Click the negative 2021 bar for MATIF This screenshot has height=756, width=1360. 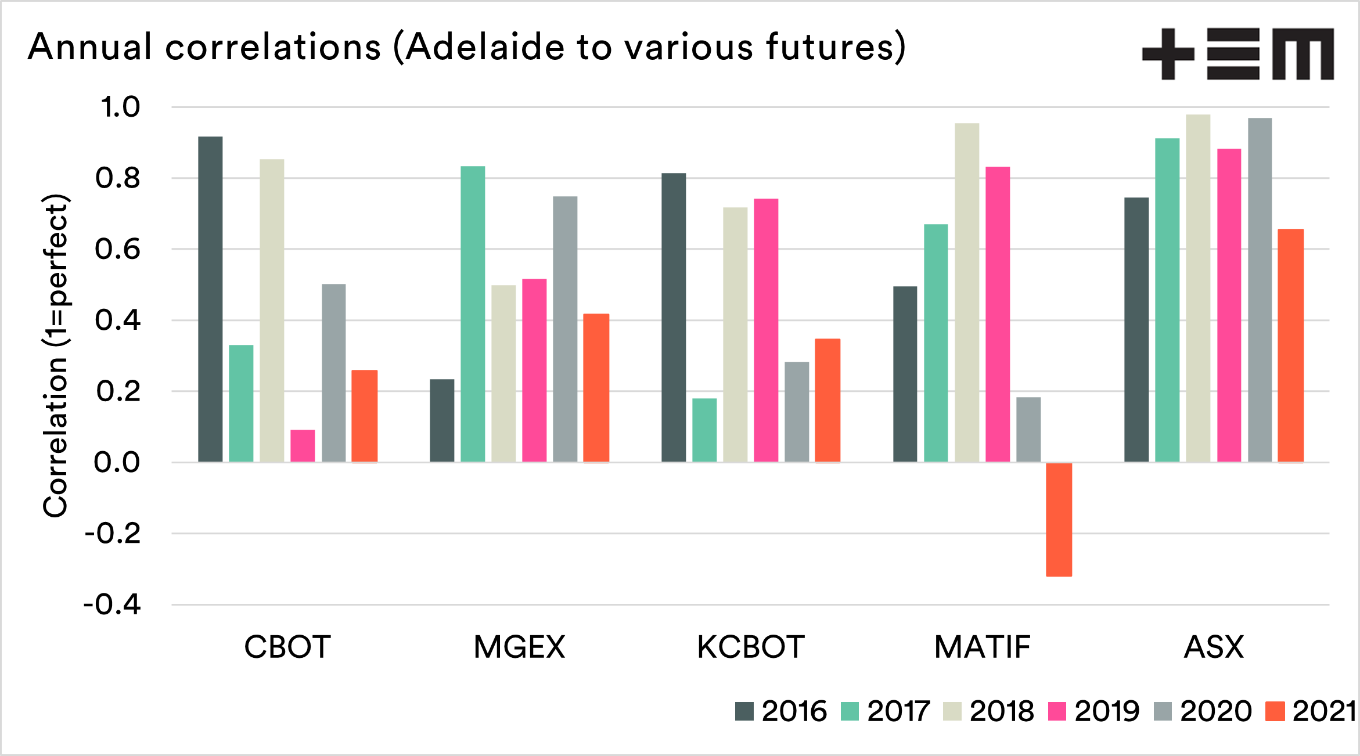coord(1059,519)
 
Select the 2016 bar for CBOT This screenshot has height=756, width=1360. coord(210,299)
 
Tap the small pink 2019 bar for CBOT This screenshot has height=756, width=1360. coord(303,446)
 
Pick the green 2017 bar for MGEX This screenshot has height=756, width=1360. coord(473,314)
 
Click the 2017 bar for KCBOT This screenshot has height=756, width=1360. coord(704,430)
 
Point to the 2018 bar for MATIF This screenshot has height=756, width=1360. coord(967,293)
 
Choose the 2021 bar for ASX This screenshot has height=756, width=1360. coord(1291,345)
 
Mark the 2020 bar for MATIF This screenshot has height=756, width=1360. coord(1028,430)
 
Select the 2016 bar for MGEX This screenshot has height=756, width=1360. coord(442,420)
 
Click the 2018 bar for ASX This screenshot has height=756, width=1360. coord(1198,288)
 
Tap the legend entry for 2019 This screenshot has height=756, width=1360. coord(1094,711)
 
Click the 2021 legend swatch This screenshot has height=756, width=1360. coord(1275,711)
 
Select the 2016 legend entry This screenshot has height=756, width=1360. coord(781,711)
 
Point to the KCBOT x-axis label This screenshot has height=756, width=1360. coord(750,647)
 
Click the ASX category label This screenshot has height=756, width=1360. coord(1214,647)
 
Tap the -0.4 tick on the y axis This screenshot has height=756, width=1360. coord(113,604)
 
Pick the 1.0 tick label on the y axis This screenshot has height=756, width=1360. coord(120,107)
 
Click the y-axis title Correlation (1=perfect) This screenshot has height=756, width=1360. coord(56,355)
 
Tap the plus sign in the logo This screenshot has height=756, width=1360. coord(1168,54)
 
